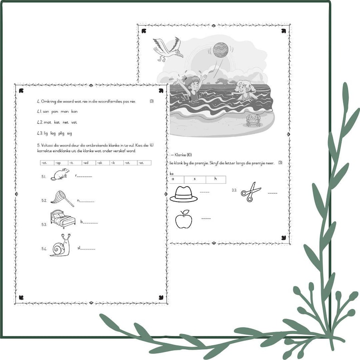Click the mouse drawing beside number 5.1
tap(60, 174)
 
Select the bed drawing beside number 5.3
tap(63, 219)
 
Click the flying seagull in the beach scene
tap(167, 49)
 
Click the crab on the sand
tap(251, 121)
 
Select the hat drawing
tap(183, 194)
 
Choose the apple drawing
tap(184, 220)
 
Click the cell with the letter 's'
tap(194, 180)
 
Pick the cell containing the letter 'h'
tap(215, 180)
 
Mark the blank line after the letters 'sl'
tap(88, 249)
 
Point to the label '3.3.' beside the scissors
tap(234, 190)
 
